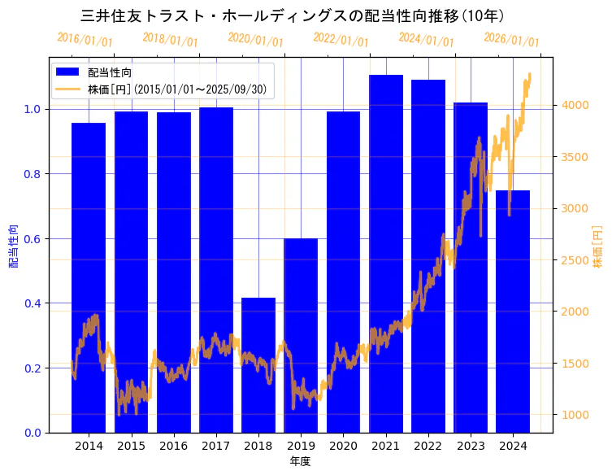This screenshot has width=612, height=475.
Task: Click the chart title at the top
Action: (x=293, y=16)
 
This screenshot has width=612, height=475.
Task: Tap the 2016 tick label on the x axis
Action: (x=173, y=445)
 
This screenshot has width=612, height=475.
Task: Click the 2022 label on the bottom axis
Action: (x=428, y=445)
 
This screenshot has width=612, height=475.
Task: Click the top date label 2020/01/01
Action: (x=255, y=40)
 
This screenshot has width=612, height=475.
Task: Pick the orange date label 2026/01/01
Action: (x=511, y=40)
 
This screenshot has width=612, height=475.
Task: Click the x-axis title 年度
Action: (x=300, y=461)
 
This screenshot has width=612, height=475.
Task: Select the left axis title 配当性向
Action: (x=13, y=246)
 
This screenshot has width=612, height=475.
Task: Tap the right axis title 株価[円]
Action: (x=598, y=246)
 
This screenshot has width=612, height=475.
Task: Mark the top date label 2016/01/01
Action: (x=85, y=40)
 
